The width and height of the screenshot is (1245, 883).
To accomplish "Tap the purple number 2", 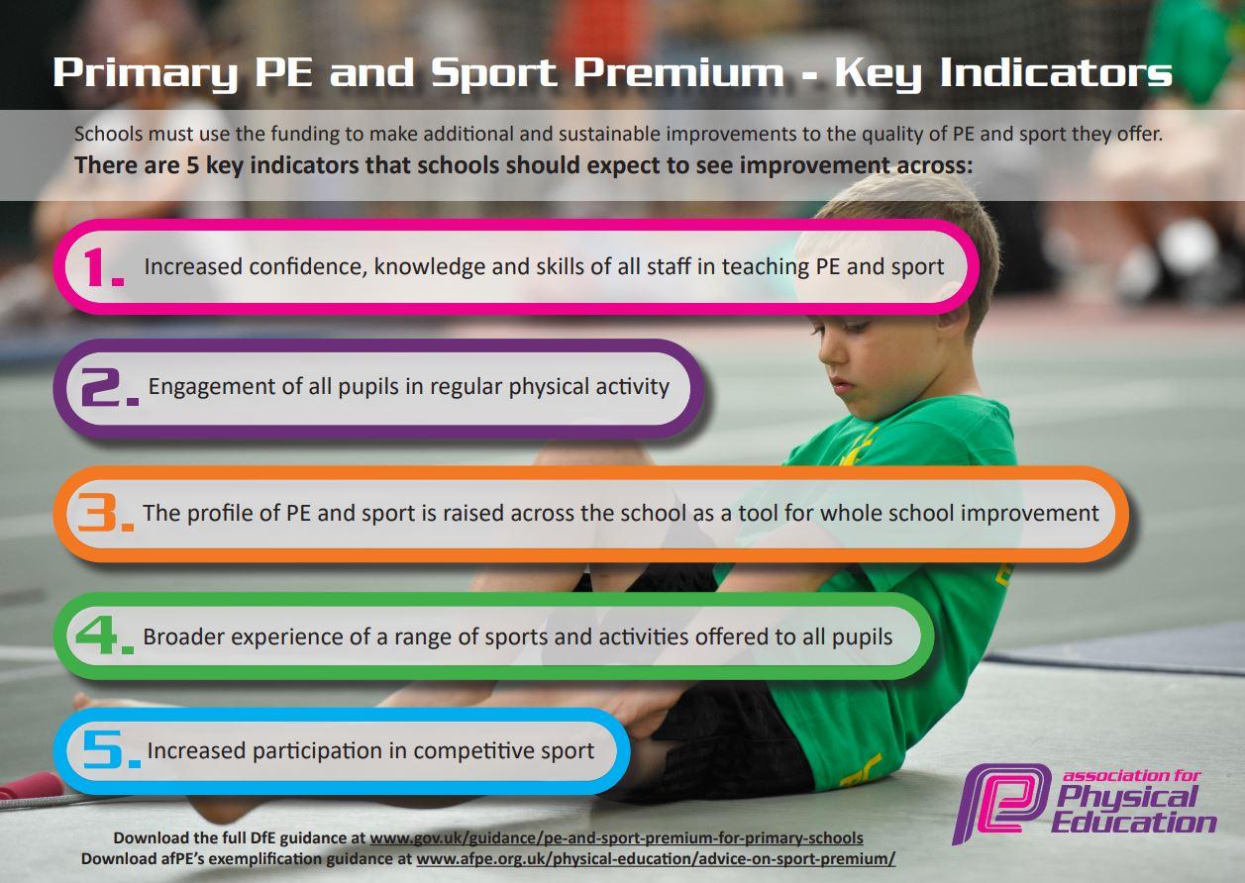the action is point(103,387).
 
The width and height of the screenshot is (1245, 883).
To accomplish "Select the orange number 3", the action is point(98,512).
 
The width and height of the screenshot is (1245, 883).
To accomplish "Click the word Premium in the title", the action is point(678,72).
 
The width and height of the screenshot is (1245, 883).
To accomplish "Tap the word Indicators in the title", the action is point(1056,72).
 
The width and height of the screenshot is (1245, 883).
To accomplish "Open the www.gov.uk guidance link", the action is point(616,838).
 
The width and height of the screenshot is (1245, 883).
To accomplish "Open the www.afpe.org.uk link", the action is point(656,859).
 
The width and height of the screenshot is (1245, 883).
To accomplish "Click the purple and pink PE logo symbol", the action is point(1000,804).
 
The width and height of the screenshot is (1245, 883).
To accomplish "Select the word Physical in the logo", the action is point(1126,797).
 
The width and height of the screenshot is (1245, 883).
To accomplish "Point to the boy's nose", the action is point(826,353).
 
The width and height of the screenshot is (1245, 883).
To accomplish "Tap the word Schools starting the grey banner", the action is point(108,134).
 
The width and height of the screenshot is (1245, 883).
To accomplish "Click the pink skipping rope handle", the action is point(31,786).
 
